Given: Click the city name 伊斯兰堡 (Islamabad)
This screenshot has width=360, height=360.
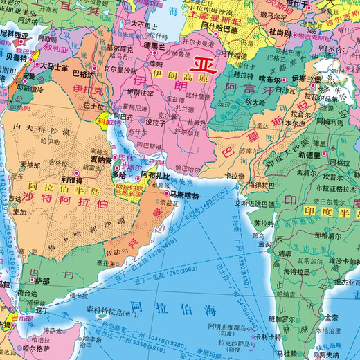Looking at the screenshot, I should point(305,79).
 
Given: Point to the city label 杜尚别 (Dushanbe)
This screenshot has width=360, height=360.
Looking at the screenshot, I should point(280,32).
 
